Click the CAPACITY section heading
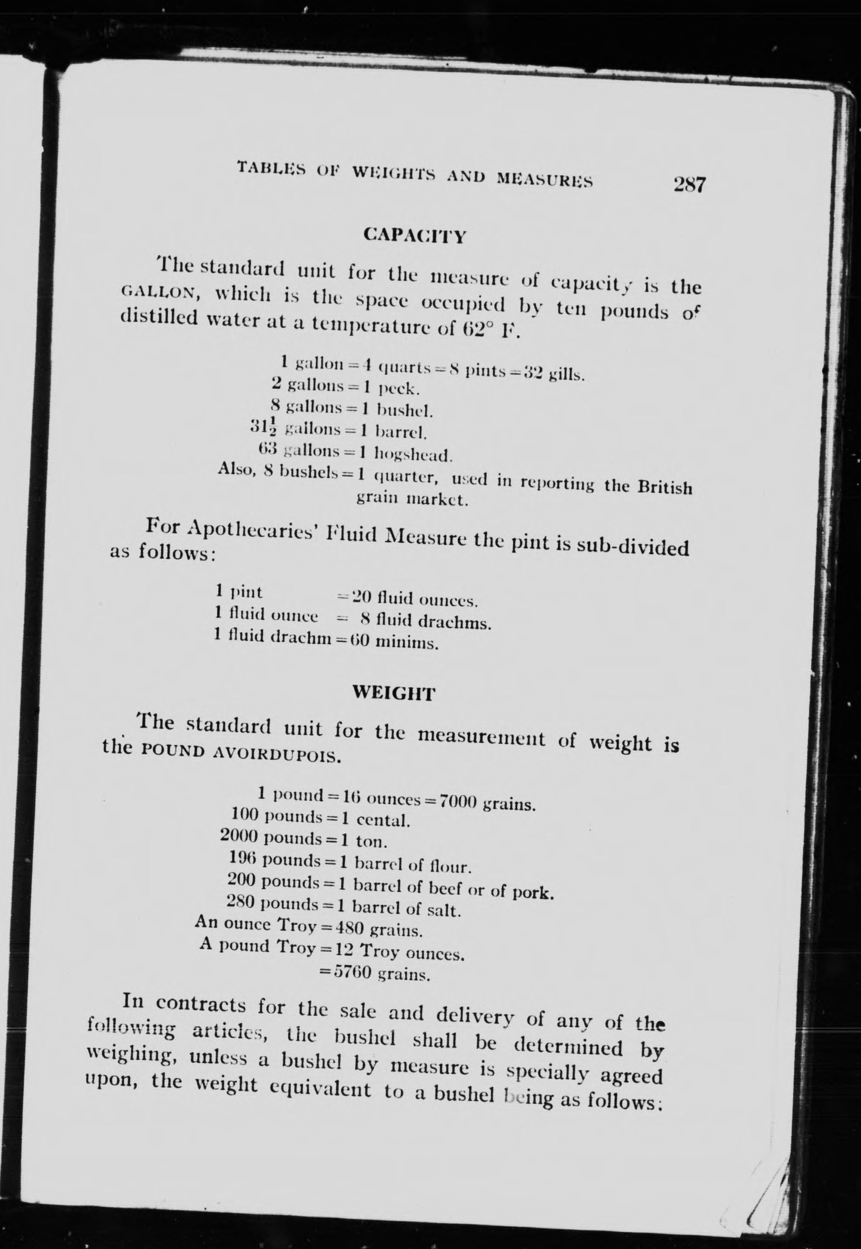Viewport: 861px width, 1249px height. pyautogui.click(x=414, y=236)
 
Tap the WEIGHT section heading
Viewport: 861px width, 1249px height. pyautogui.click(x=393, y=693)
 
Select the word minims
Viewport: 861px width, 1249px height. pyautogui.click(x=406, y=643)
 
